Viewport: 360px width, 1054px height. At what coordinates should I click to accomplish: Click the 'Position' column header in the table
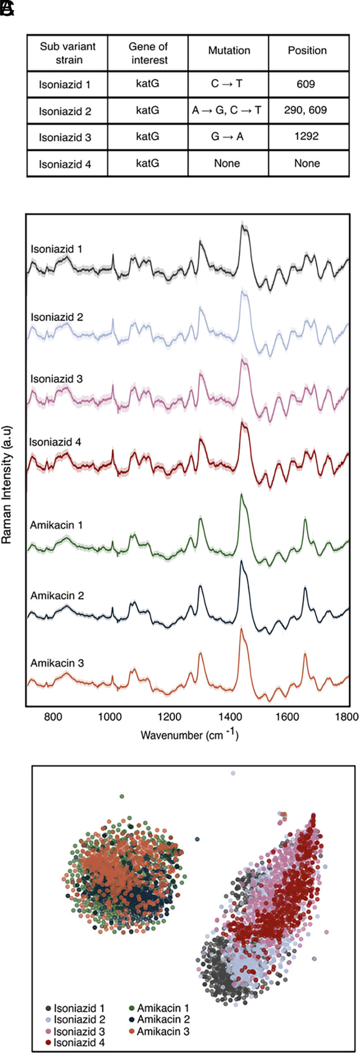307,51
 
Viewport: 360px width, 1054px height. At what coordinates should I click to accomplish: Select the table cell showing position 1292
307,137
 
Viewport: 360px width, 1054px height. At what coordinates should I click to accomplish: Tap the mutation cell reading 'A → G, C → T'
227,111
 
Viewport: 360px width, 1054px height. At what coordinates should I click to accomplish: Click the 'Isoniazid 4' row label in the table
65,164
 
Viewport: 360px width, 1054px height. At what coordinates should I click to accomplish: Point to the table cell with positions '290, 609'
307,111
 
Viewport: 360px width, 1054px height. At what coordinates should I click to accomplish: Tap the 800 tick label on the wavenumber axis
53,717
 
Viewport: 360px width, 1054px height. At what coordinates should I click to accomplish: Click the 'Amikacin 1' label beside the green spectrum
56,525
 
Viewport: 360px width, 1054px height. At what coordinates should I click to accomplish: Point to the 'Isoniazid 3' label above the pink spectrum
57,379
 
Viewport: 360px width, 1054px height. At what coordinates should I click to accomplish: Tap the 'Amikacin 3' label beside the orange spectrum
57,664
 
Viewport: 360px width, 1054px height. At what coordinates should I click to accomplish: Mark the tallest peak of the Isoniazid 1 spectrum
244,226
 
